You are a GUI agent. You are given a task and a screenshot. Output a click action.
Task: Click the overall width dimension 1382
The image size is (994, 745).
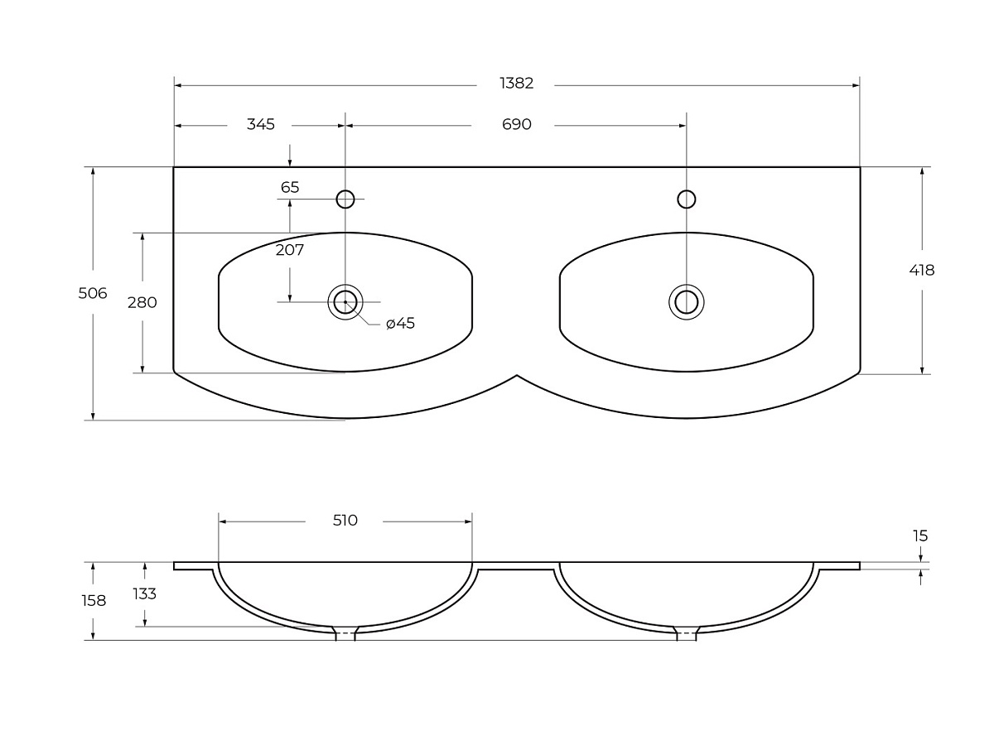click(516, 84)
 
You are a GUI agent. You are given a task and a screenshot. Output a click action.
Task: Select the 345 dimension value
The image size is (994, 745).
click(260, 124)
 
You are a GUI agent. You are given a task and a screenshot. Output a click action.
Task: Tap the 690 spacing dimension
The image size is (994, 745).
click(516, 124)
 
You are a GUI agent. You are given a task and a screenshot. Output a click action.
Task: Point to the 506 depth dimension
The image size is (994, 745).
click(93, 293)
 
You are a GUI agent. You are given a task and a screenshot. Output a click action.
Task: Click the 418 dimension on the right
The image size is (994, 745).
click(922, 270)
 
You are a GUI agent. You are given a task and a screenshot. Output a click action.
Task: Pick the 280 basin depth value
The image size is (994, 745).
click(142, 302)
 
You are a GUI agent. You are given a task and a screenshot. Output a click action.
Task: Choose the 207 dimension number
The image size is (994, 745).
click(290, 250)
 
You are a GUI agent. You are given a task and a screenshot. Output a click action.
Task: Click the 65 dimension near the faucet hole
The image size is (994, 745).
click(290, 187)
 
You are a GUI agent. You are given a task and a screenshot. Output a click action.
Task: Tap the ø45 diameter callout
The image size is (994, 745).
click(400, 323)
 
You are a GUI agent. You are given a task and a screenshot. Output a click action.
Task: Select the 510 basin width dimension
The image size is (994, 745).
click(345, 520)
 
